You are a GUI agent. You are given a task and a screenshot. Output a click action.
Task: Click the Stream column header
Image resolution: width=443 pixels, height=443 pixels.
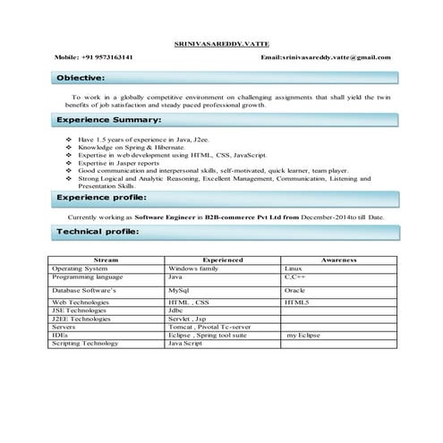106,260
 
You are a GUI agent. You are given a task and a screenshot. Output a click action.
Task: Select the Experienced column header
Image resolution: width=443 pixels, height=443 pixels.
222,260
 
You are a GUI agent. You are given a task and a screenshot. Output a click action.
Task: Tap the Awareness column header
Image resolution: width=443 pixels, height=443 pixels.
338,260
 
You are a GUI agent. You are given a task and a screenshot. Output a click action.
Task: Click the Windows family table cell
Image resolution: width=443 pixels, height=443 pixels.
194,268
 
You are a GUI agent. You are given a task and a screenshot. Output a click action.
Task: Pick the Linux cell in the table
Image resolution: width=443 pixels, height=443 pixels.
294,268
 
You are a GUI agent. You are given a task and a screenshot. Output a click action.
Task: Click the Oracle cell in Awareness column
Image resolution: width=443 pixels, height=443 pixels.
295,291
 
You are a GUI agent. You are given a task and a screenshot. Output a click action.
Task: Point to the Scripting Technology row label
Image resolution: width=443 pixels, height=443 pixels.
85,343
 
